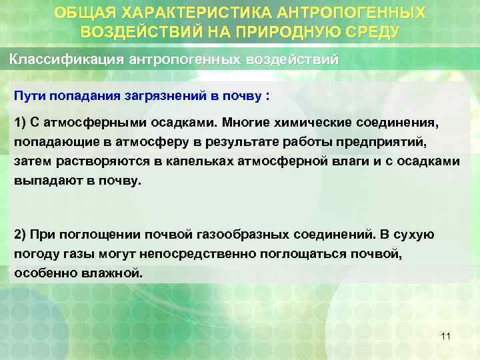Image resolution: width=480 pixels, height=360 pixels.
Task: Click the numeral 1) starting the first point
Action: click(20, 123)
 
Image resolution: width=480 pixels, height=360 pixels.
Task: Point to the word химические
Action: click(317, 123)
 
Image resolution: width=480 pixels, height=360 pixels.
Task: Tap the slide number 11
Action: click(446, 336)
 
